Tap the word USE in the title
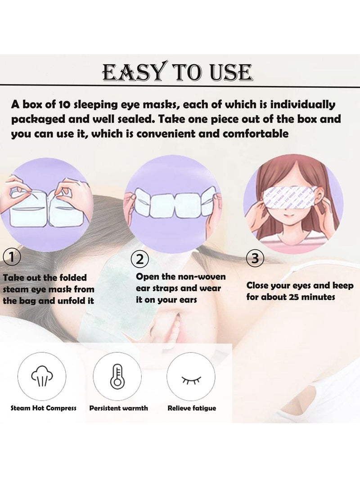click(x=228, y=72)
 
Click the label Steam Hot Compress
click(x=43, y=408)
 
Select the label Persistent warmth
click(x=118, y=408)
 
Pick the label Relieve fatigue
click(x=192, y=408)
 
